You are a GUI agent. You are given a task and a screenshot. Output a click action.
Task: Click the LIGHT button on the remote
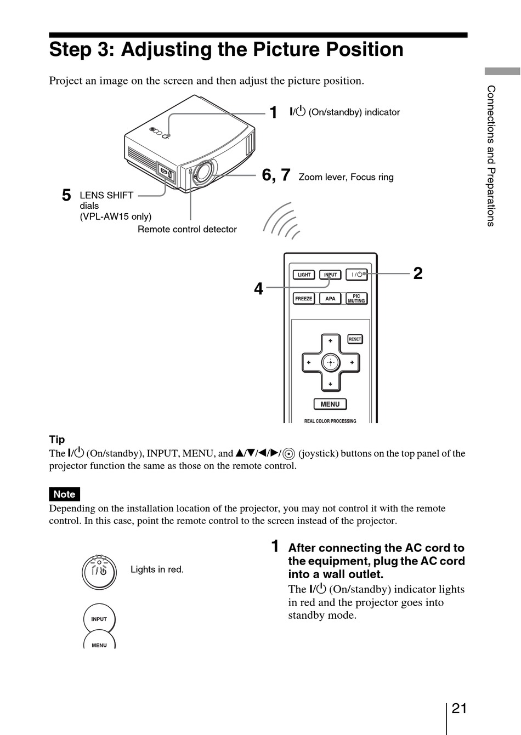point(304,275)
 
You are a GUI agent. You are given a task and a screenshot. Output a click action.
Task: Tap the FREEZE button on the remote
point(304,299)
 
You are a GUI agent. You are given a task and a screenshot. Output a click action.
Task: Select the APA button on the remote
point(330,299)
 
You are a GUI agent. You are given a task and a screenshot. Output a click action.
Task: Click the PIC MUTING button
point(356,299)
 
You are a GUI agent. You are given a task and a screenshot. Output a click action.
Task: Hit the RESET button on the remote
point(355,339)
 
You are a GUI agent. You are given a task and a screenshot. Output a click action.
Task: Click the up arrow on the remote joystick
point(330,341)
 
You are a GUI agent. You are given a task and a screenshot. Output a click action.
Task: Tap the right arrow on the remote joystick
point(352,362)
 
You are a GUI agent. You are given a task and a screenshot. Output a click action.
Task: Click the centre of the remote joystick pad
point(330,362)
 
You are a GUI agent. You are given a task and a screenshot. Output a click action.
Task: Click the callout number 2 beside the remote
point(418,273)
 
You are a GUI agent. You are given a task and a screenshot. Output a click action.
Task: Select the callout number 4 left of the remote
point(258,288)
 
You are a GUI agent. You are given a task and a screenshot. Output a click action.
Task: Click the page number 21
point(459,708)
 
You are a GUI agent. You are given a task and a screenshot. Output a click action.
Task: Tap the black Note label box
point(64,494)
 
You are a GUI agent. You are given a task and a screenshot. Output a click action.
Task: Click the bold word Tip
point(57,440)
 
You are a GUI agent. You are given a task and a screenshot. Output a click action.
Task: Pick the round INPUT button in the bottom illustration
point(99,619)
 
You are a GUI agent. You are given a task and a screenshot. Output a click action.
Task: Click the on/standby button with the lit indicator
point(99,572)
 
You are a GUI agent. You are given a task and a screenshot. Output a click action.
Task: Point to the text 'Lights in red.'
point(157,569)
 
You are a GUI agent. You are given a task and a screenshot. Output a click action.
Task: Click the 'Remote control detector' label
point(187,229)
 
